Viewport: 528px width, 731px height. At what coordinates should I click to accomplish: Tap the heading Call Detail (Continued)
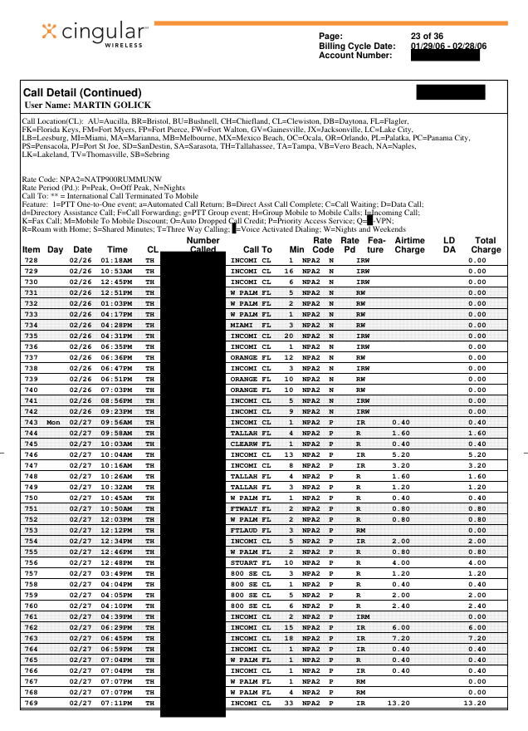(83, 92)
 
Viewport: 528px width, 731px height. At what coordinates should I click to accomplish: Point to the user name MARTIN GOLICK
(82, 105)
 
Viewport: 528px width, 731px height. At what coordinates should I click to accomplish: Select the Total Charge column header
(486, 244)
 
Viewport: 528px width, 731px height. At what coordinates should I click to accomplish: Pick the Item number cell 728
(32, 260)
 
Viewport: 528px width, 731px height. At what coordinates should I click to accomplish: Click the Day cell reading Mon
(54, 422)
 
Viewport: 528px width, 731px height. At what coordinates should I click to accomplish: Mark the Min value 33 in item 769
(289, 703)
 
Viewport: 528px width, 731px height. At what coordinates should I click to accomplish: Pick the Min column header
(297, 249)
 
